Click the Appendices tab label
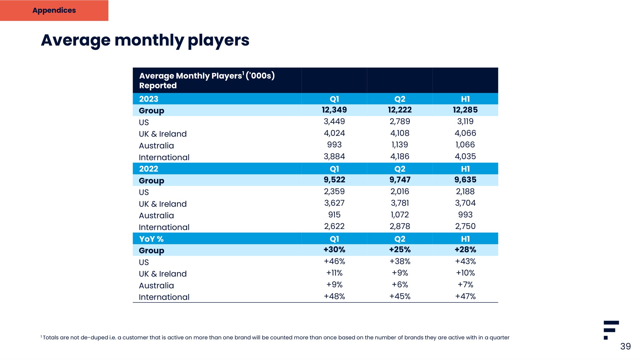coord(54,10)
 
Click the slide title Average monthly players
coord(145,41)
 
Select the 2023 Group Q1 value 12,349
coord(334,110)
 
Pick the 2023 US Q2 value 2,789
coord(400,122)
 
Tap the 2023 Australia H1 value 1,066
coord(465,145)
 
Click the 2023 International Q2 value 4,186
coord(400,156)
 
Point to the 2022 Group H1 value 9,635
coord(465,180)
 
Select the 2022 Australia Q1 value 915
coord(334,215)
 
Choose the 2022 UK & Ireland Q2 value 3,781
coord(400,203)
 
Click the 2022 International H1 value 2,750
coord(465,226)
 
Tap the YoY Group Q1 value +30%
coord(334,250)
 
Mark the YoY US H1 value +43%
coord(465,261)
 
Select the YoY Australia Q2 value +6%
coord(400,285)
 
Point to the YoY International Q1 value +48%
coord(334,296)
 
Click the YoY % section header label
coord(151,239)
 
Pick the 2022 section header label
coord(149,169)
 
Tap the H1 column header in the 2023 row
coord(465,99)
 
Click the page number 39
coord(625,347)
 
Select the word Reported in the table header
coord(158,86)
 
